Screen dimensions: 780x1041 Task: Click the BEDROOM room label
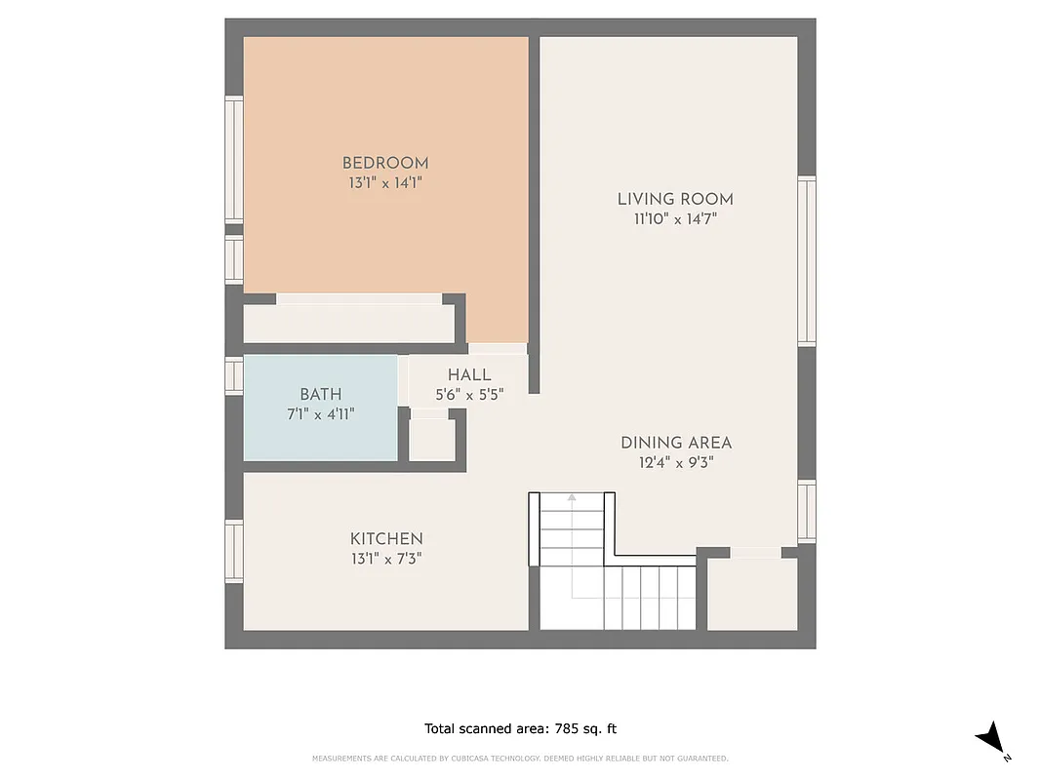[384, 163]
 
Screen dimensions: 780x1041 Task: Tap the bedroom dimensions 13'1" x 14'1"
[384, 182]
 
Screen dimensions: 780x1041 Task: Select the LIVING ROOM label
[675, 199]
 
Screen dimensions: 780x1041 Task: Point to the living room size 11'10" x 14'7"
[675, 219]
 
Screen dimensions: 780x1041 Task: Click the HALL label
[469, 375]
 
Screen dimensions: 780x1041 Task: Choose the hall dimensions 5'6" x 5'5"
[469, 395]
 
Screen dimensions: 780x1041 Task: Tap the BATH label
[320, 394]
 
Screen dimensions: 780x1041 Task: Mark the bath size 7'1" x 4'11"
[320, 413]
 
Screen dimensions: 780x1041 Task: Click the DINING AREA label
[676, 443]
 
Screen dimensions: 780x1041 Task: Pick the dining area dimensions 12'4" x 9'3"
[676, 463]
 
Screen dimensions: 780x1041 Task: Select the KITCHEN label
[386, 539]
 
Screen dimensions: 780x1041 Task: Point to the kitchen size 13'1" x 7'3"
[386, 559]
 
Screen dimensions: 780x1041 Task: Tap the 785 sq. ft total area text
[520, 728]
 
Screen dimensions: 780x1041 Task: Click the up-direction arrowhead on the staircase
[572, 498]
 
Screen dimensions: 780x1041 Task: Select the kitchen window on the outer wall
[234, 552]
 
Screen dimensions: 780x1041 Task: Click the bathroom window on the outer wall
[234, 374]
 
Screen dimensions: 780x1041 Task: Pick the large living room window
[807, 261]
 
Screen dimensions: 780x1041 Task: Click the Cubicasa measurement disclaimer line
[520, 759]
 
